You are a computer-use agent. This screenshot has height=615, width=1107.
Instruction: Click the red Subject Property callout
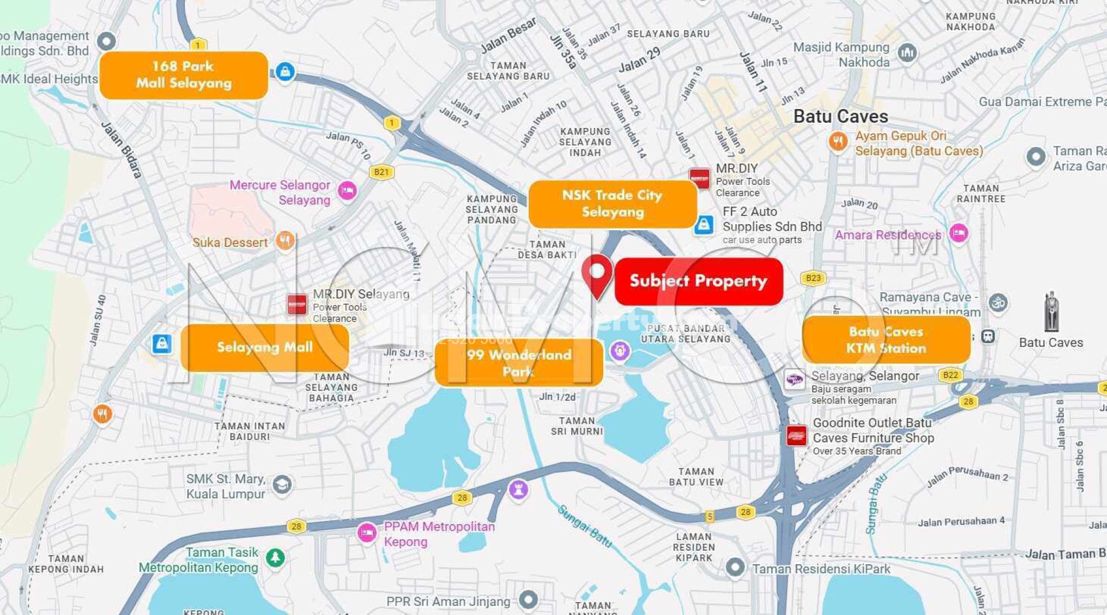[698, 281]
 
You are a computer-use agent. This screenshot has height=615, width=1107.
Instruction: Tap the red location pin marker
[597, 273]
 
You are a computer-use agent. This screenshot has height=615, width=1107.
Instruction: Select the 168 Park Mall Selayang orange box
[184, 75]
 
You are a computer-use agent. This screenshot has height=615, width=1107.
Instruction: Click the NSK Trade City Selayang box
[612, 204]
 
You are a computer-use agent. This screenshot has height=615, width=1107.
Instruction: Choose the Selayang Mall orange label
[265, 347]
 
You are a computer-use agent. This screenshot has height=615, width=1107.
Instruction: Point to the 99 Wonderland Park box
[519, 363]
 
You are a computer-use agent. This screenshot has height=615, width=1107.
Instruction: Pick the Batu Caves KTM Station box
[886, 340]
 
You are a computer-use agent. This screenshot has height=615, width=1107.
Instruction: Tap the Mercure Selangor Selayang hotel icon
[347, 191]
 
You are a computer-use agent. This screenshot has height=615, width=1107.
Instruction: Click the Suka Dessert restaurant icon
[285, 240]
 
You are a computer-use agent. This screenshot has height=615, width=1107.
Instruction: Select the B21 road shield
[381, 172]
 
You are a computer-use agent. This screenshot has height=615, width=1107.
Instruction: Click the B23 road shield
[813, 278]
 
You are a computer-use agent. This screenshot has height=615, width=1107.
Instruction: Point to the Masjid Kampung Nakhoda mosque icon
[907, 53]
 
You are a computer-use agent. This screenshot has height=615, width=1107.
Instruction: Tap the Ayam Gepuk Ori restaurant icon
[838, 142]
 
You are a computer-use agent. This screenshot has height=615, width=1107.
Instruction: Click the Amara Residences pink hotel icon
[958, 233]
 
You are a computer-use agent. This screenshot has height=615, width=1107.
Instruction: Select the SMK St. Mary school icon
[282, 485]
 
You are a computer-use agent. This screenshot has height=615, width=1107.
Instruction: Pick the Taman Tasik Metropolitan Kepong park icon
[275, 557]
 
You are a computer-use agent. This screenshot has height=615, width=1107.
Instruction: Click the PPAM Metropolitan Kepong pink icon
[367, 533]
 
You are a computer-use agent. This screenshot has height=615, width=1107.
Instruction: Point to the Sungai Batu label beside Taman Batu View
[585, 525]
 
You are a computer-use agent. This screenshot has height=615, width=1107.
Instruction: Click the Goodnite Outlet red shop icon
[796, 436]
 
